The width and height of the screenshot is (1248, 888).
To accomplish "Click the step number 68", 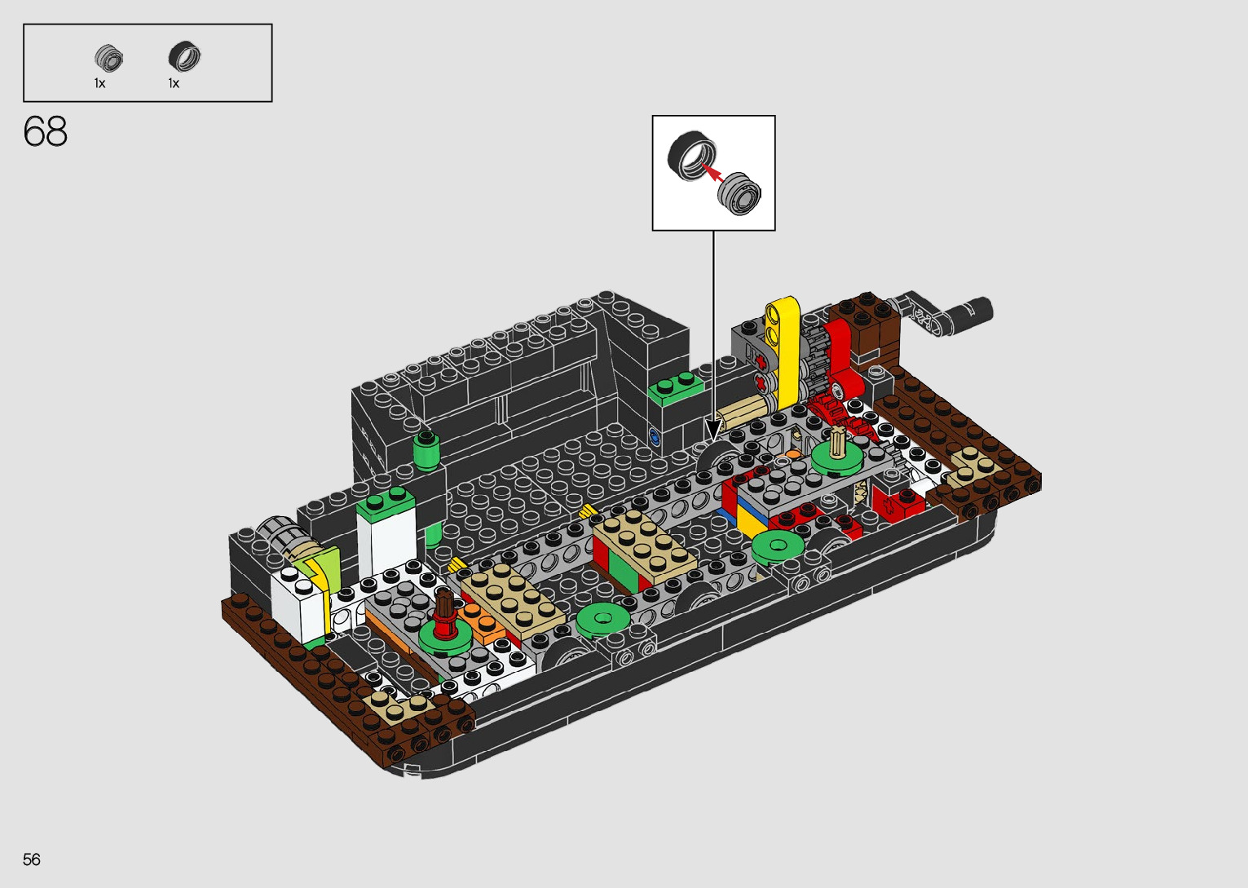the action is (x=45, y=131).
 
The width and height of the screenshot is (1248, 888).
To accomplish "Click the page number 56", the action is (x=32, y=859).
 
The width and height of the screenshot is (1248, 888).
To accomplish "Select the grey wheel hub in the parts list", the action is (x=108, y=58).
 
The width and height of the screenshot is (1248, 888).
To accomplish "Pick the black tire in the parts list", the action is (x=184, y=57).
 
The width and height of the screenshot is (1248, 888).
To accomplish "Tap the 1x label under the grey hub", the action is (x=99, y=84).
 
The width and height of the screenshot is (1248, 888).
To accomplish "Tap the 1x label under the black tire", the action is (x=174, y=84).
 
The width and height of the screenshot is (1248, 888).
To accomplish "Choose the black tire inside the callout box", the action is (x=692, y=156).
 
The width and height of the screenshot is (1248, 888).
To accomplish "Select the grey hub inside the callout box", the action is (x=739, y=193).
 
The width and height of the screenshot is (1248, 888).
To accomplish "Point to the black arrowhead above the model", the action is (x=713, y=431).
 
